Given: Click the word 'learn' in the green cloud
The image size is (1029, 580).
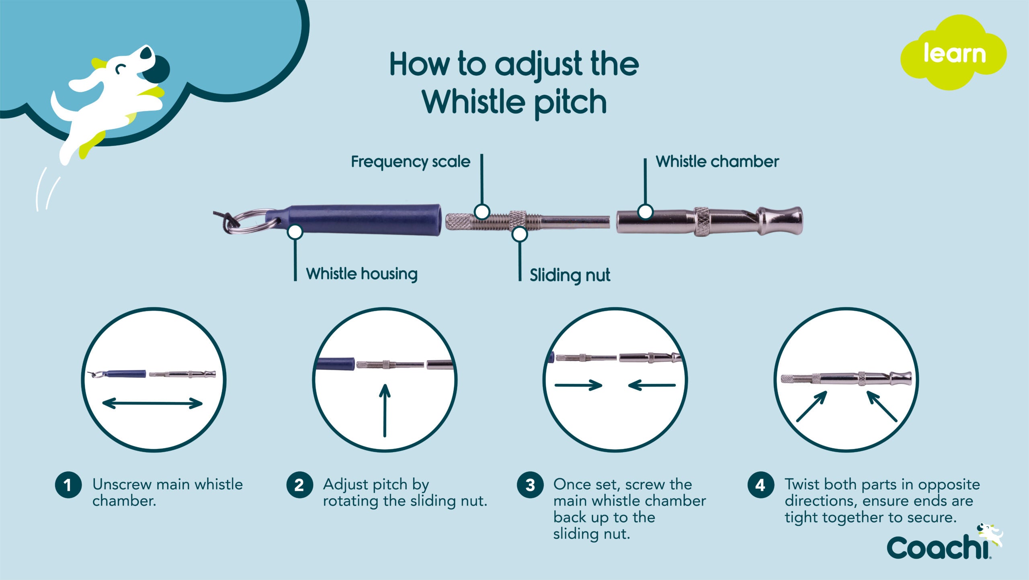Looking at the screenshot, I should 954,53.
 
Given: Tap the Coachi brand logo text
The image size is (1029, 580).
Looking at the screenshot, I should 938,547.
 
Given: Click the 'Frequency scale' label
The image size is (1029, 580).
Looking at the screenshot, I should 410,162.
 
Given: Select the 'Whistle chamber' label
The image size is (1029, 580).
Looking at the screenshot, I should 717,162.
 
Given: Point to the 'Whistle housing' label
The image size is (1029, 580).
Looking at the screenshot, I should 362,274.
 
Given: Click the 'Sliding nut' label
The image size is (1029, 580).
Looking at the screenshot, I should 570,275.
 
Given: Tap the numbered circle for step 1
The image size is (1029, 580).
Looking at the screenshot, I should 68,485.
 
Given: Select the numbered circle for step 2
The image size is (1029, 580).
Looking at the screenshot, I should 299,485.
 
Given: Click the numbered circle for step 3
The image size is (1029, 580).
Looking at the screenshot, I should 530,485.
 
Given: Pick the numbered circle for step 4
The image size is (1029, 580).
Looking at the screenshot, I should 760,485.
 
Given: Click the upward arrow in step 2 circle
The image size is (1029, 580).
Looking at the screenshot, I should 385,410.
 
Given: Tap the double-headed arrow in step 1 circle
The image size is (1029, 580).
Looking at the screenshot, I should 153,403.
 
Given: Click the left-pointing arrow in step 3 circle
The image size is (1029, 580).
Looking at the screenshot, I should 652,385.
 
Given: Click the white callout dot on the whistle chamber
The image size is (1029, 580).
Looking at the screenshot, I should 645,211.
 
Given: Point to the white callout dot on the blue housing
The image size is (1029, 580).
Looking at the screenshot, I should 295,232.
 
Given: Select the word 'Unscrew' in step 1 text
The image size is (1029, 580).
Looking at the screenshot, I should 121,484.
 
